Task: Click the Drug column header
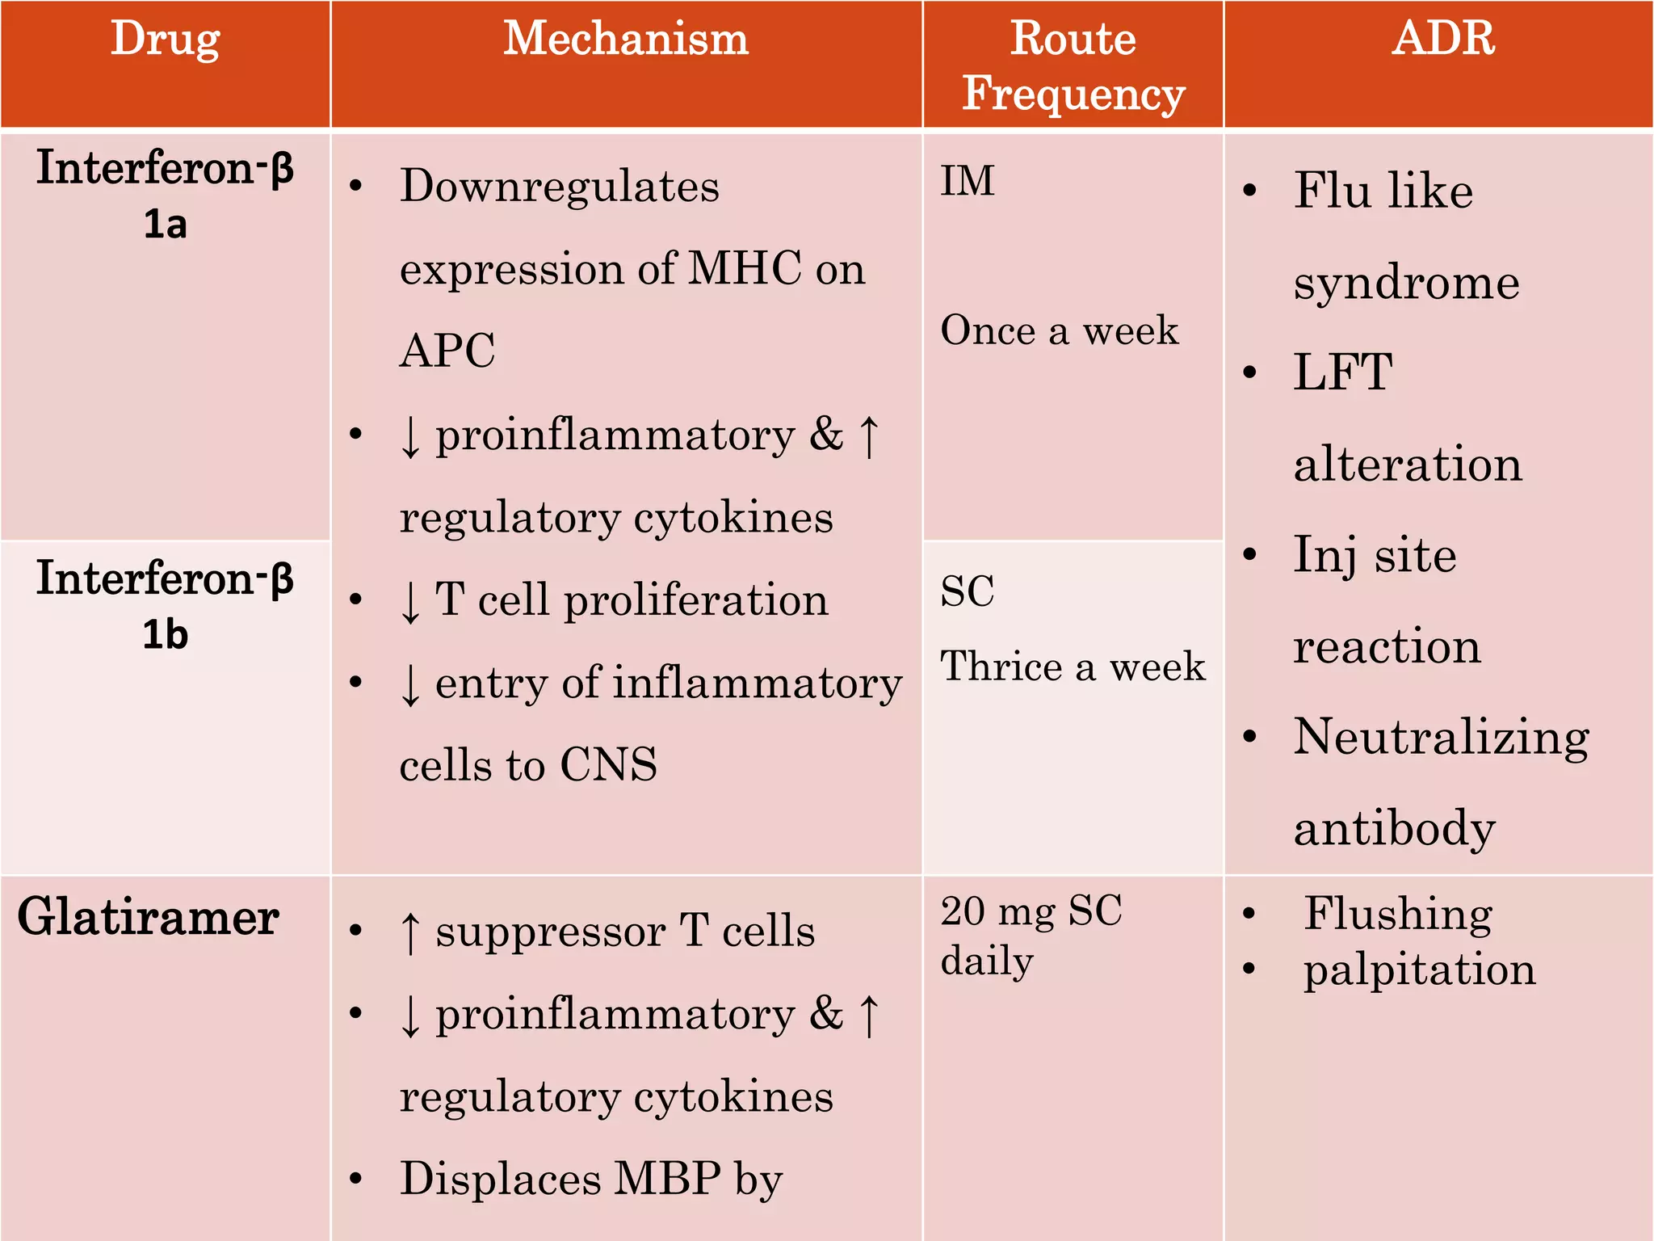coord(165,39)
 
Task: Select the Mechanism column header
coord(626,39)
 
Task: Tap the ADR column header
coord(1443,38)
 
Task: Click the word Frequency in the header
coord(1073,95)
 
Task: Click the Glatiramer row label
coord(149,918)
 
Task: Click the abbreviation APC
coord(447,351)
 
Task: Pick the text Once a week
coord(1060,330)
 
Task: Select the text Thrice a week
coord(1073,667)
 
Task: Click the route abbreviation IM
coord(968,181)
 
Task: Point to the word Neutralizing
coord(1442,738)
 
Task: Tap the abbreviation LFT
coord(1343,372)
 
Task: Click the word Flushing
coord(1398,914)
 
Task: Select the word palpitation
coord(1419,970)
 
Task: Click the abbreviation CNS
coord(609,764)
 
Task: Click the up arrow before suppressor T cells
coord(410,932)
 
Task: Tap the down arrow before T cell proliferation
coord(410,601)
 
